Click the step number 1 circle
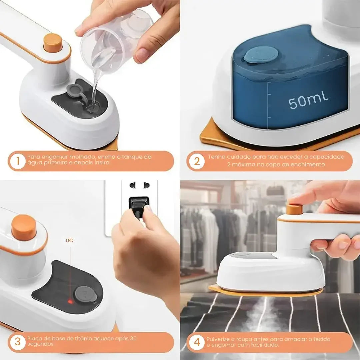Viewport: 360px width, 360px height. (x=17, y=161)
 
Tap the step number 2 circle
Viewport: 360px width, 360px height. (x=197, y=161)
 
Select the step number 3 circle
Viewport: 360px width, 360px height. (x=17, y=342)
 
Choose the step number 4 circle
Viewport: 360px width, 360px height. (x=197, y=342)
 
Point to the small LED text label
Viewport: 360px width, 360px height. (x=70, y=240)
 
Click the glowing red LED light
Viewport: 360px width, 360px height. (x=70, y=302)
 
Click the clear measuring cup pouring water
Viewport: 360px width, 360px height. (x=115, y=40)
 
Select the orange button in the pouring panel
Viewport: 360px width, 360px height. (x=53, y=43)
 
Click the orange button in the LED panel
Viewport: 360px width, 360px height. (x=24, y=227)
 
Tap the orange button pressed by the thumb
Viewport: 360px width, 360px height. (x=294, y=209)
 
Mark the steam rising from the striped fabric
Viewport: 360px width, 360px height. (x=263, y=317)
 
